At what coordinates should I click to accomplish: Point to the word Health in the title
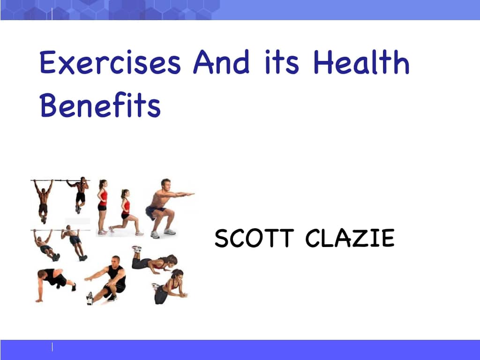pyautogui.click(x=361, y=63)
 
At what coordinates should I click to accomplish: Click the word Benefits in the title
pyautogui.click(x=100, y=106)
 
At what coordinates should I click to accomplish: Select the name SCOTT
pyautogui.click(x=254, y=239)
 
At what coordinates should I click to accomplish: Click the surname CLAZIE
pyautogui.click(x=350, y=239)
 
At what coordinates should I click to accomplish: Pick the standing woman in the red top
pyautogui.click(x=102, y=205)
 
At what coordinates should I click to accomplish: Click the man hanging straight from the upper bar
pyautogui.click(x=43, y=199)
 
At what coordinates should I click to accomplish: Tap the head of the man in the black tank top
pyautogui.click(x=115, y=260)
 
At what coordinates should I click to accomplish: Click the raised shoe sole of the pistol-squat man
pyautogui.click(x=90, y=298)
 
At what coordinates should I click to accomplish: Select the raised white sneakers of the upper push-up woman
pyautogui.click(x=136, y=248)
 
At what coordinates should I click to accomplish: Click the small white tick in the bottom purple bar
pyautogui.click(x=52, y=347)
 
